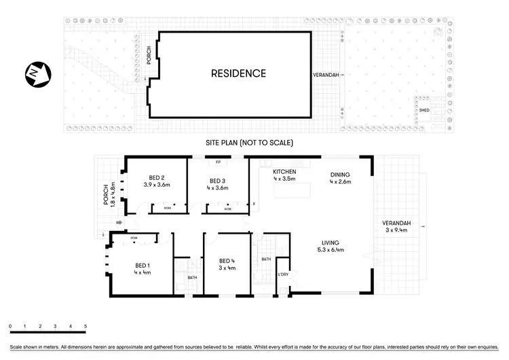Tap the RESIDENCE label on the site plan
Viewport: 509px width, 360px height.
[x=238, y=73]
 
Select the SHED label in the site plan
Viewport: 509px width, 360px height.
[x=424, y=109]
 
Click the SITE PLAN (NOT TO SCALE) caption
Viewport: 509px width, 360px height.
[x=249, y=143]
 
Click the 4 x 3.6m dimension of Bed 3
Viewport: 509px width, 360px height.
[x=218, y=187]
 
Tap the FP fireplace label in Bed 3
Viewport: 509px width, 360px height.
[x=218, y=163]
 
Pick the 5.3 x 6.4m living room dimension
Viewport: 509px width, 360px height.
[x=331, y=250]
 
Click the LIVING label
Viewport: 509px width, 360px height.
[x=331, y=242]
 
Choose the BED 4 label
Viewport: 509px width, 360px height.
[x=227, y=260]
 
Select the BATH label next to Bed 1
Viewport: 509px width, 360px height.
[x=192, y=277]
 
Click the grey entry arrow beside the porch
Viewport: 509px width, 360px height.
[x=119, y=222]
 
